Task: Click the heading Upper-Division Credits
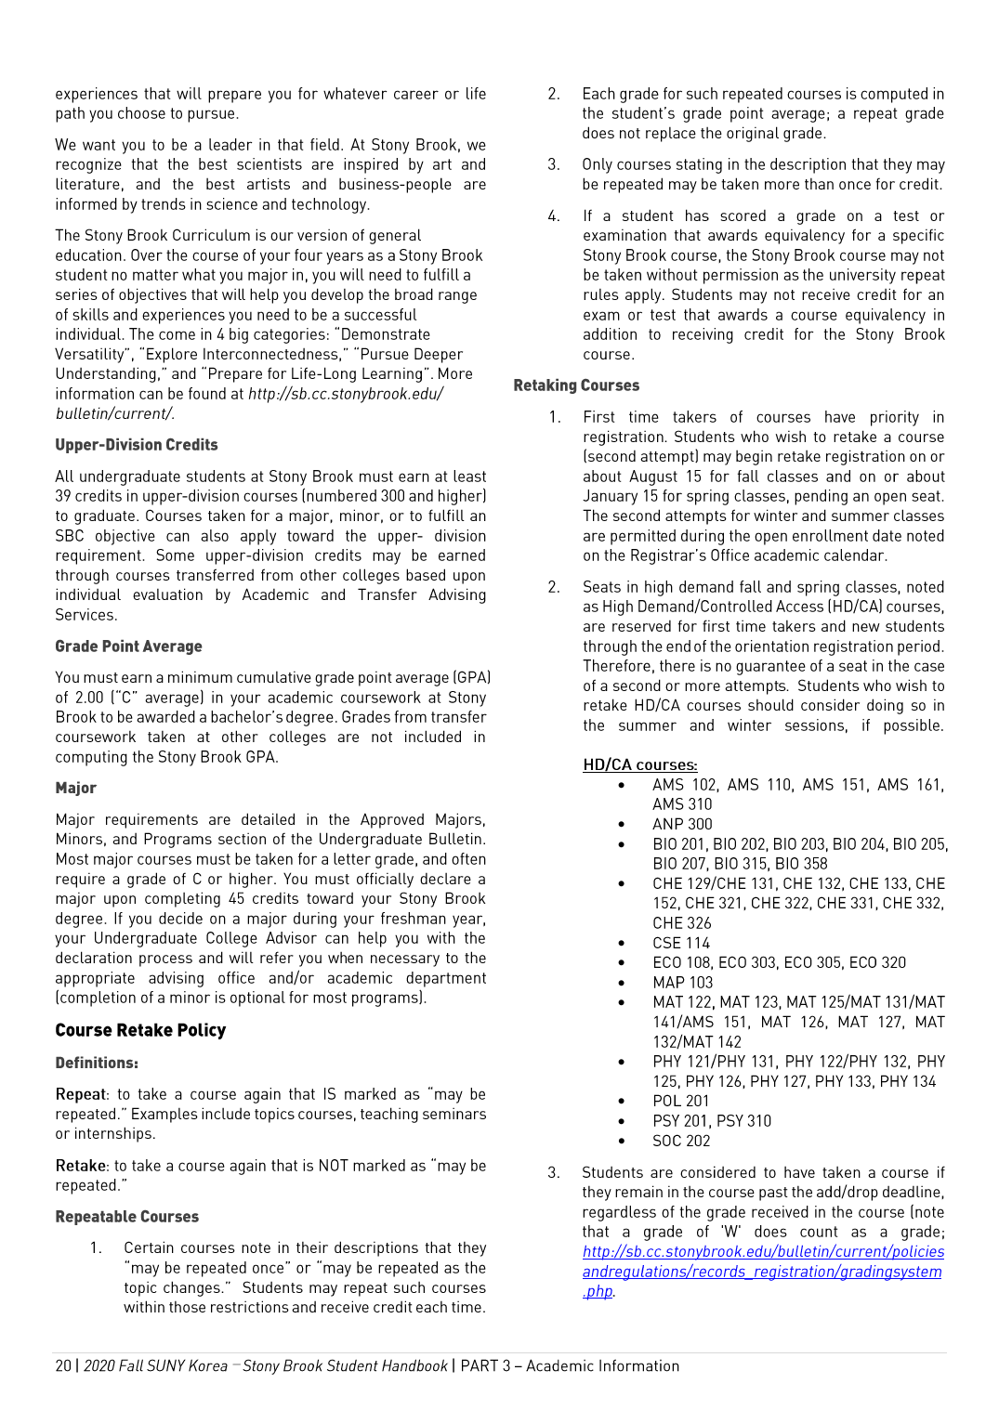click(x=137, y=445)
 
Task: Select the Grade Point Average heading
click(x=128, y=646)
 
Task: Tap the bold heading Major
click(x=75, y=788)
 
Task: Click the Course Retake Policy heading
click(x=140, y=1030)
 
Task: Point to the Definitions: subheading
click(x=97, y=1063)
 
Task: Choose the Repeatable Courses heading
click(x=126, y=1217)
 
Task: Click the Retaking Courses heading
click(x=576, y=385)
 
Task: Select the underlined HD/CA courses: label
click(x=639, y=764)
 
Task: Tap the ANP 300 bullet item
click(x=682, y=824)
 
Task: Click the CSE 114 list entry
click(x=681, y=943)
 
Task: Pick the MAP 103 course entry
click(x=682, y=983)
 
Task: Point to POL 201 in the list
click(x=680, y=1102)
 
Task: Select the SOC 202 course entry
click(x=681, y=1141)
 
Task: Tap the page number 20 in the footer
click(x=63, y=1365)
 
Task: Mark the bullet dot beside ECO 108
click(x=622, y=963)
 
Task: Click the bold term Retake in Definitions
click(x=81, y=1166)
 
